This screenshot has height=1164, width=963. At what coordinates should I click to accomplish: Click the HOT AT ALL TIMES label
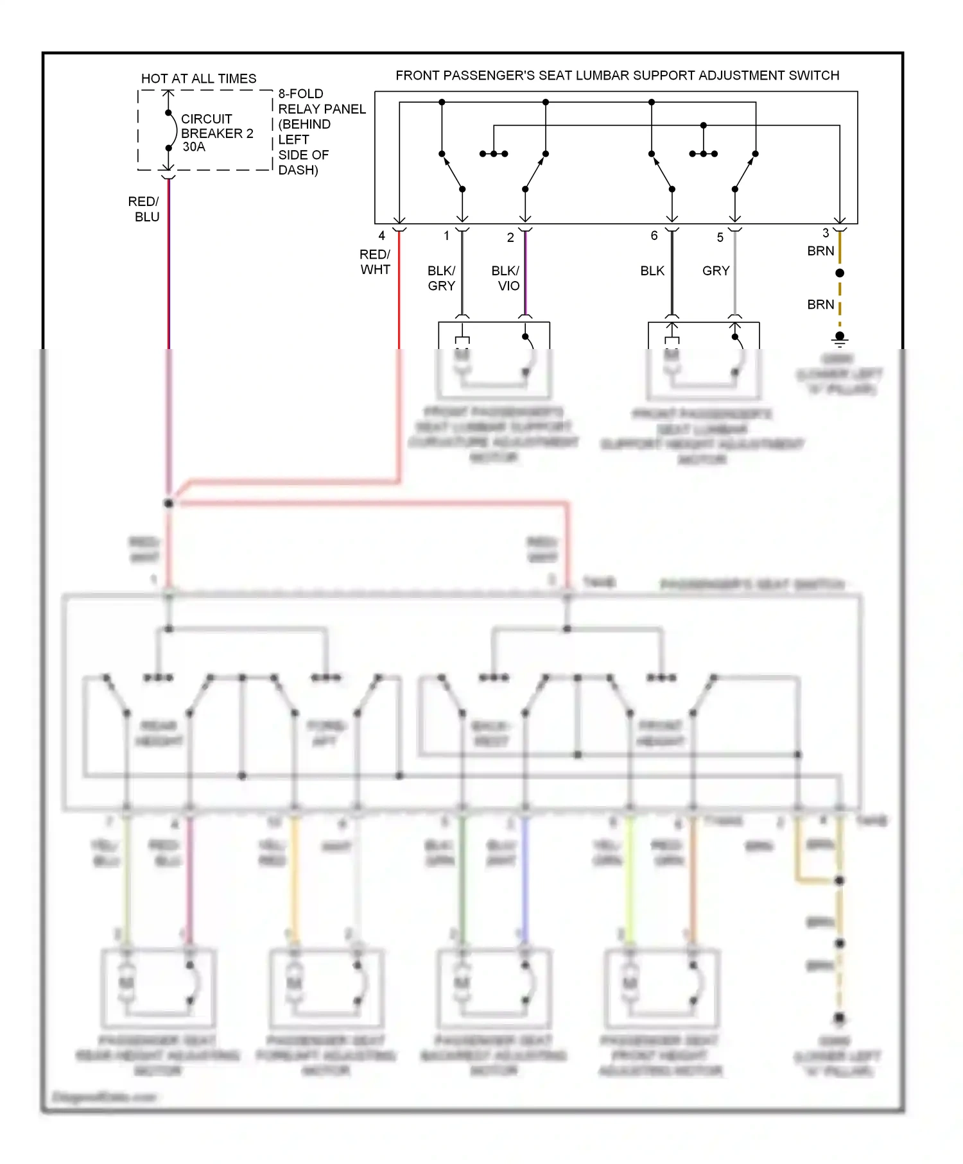[198, 78]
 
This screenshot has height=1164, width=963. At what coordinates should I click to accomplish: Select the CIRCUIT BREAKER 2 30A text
[216, 133]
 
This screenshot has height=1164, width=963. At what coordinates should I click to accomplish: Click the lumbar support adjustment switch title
[617, 75]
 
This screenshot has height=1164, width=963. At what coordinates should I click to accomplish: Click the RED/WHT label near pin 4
[375, 262]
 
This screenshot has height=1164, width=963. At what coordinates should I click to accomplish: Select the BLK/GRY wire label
[441, 278]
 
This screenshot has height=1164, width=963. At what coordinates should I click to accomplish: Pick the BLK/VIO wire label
[506, 278]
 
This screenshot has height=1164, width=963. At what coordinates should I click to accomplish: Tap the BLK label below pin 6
[652, 271]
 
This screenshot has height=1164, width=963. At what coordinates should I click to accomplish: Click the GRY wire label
[715, 271]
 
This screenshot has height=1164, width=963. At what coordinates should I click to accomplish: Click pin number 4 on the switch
[381, 235]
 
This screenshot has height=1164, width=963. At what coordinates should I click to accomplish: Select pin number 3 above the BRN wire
[826, 233]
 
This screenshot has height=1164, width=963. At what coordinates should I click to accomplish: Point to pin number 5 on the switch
[720, 237]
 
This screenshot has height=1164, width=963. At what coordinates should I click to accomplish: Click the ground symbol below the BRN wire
[839, 338]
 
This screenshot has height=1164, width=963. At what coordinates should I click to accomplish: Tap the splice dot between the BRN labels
[839, 273]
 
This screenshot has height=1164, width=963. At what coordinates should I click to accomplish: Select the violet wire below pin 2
[525, 276]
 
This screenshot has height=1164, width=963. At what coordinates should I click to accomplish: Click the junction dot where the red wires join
[168, 503]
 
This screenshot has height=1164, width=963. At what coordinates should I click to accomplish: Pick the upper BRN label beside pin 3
[820, 251]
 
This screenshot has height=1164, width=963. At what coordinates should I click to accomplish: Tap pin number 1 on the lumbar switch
[446, 235]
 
